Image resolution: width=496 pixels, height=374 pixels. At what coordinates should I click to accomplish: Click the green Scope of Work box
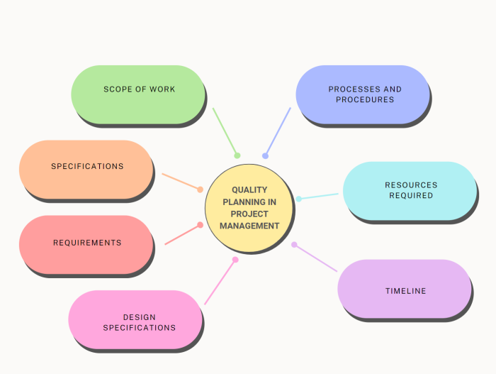(x=138, y=94)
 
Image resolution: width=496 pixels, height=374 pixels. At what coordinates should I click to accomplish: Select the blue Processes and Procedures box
(x=362, y=94)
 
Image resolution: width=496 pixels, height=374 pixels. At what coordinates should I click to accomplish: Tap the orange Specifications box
(x=86, y=169)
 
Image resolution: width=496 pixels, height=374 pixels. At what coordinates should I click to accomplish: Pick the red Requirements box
(x=86, y=243)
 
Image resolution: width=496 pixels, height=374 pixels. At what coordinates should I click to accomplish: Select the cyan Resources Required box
(x=410, y=190)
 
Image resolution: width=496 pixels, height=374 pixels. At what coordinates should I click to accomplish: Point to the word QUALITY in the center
(x=249, y=190)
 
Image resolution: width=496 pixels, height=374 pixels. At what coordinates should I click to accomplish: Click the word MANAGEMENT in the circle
(x=249, y=226)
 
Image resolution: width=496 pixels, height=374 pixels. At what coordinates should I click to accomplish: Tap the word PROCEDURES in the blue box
(x=365, y=100)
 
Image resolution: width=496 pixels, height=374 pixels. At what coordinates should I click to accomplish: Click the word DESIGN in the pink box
(x=139, y=317)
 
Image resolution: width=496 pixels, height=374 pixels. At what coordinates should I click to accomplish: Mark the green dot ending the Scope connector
(x=237, y=155)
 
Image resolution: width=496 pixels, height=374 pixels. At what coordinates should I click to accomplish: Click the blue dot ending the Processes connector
(x=265, y=155)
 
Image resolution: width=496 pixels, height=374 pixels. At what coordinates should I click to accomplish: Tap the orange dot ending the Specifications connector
(x=200, y=189)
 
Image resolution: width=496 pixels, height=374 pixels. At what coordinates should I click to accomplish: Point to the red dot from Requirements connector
(x=201, y=225)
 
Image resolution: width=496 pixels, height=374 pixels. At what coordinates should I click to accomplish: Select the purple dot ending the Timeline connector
(x=294, y=245)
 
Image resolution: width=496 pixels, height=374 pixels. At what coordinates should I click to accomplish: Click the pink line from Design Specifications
(x=220, y=282)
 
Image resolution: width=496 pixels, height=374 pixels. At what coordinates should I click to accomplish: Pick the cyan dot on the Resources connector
(x=298, y=199)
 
